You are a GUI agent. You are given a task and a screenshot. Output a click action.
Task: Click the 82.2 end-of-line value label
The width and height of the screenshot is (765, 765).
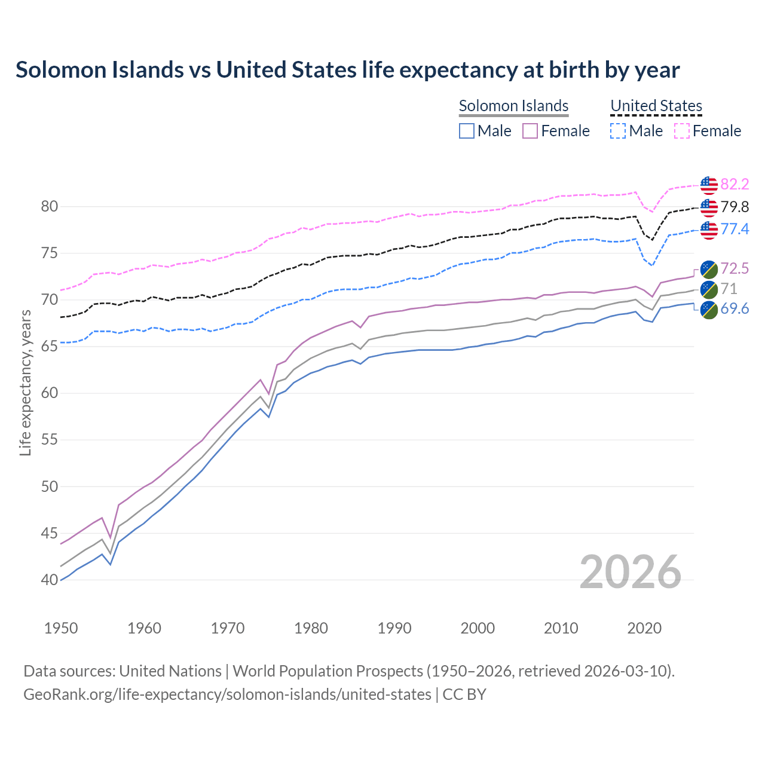[735, 184]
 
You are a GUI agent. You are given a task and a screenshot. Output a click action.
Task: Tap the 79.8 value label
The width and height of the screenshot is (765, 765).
[735, 207]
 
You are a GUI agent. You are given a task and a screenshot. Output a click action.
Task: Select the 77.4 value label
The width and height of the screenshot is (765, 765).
[735, 229]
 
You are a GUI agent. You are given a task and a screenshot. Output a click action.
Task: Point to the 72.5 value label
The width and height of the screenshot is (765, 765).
[735, 268]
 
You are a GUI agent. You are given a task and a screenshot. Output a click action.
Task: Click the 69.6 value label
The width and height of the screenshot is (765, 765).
[735, 308]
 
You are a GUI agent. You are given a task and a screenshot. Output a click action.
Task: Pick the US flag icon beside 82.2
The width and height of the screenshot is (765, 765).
[708, 185]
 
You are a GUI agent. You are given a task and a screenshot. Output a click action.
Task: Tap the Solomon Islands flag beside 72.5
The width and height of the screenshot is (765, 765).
[708, 269]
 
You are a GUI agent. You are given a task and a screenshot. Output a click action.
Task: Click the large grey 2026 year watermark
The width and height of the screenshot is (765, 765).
[631, 572]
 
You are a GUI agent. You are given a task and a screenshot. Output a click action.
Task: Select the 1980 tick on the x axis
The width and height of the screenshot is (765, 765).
[311, 628]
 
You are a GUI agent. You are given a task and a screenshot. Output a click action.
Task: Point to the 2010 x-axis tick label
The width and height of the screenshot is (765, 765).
[561, 628]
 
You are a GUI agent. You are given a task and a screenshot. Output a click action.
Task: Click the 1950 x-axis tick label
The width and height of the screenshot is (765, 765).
[61, 628]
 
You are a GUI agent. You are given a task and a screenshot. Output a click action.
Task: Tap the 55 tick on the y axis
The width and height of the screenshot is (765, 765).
[50, 440]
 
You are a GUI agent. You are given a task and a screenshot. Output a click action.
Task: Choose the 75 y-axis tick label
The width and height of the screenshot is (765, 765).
[50, 253]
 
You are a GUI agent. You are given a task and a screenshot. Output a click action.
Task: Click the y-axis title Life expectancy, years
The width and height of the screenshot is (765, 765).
[25, 382]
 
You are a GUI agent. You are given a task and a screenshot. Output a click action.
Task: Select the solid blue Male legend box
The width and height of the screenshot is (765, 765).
[467, 131]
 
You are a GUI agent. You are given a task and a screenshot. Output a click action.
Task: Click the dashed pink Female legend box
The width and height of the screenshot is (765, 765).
[682, 131]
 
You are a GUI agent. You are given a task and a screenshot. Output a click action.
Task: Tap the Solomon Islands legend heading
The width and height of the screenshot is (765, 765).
[513, 106]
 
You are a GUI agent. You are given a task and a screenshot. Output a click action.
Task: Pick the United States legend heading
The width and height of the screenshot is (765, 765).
[656, 106]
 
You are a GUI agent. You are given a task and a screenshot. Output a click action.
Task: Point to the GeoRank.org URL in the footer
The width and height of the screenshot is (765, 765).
[227, 694]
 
